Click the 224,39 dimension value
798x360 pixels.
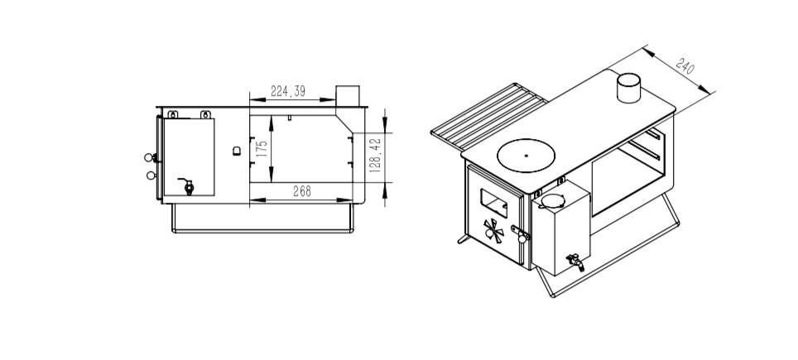[x=288, y=92]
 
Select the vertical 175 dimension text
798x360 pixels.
[x=262, y=150]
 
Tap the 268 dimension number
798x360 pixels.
[x=302, y=192]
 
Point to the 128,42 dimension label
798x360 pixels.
[x=375, y=155]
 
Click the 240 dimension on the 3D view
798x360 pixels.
[x=685, y=66]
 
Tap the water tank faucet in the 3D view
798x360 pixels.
[x=573, y=262]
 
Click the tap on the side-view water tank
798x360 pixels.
[x=187, y=185]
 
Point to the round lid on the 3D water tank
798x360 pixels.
[x=552, y=200]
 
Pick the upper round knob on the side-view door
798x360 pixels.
[x=150, y=157]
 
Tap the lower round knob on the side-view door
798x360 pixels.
[x=150, y=175]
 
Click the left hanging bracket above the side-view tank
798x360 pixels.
[x=172, y=112]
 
